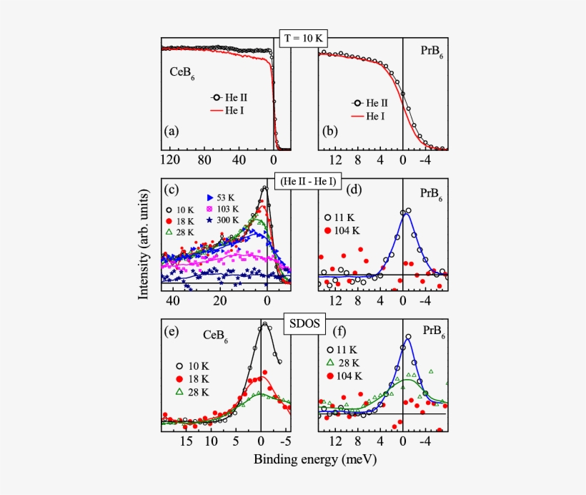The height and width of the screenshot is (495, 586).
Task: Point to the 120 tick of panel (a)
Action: (170, 161)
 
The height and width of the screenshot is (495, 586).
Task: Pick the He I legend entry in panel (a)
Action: (232, 110)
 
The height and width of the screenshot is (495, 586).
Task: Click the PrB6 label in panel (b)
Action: (431, 52)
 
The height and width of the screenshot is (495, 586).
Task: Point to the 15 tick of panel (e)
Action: (185, 442)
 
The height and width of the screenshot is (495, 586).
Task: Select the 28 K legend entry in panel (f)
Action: (346, 362)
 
